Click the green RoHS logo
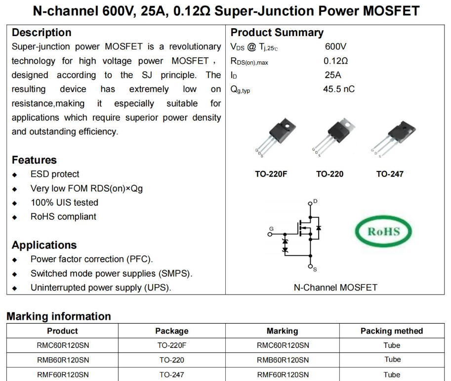tap(384, 232)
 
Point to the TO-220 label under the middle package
tap(329, 174)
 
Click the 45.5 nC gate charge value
tap(338, 89)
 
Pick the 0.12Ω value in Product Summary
tap(335, 61)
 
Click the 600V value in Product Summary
tap(335, 47)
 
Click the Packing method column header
tap(392, 331)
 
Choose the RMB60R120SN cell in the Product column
tap(63, 360)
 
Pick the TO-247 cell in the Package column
tap(171, 375)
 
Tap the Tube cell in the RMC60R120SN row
tap(392, 345)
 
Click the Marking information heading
tap(58, 316)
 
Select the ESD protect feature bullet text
tap(55, 174)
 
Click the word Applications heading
tap(44, 245)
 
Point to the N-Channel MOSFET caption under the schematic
tap(335, 287)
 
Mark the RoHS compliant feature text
tap(63, 216)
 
